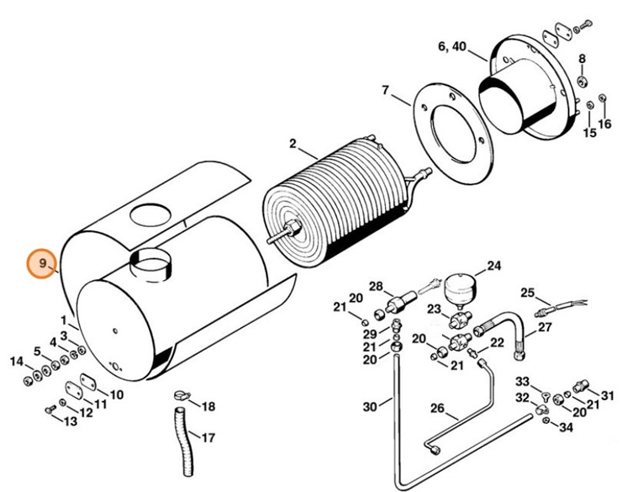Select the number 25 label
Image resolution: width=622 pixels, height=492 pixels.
tap(527, 293)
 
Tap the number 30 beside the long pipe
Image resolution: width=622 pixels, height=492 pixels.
tap(371, 408)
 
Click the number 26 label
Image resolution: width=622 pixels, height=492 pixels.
tap(437, 409)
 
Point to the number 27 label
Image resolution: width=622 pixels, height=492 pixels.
tap(545, 327)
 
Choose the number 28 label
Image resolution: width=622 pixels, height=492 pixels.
tap(376, 286)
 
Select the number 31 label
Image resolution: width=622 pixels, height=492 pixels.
tap(607, 395)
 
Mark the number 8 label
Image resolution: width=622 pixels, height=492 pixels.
tap(581, 58)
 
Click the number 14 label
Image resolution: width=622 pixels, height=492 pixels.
tap(17, 362)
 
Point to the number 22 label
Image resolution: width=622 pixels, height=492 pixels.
tap(497, 342)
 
